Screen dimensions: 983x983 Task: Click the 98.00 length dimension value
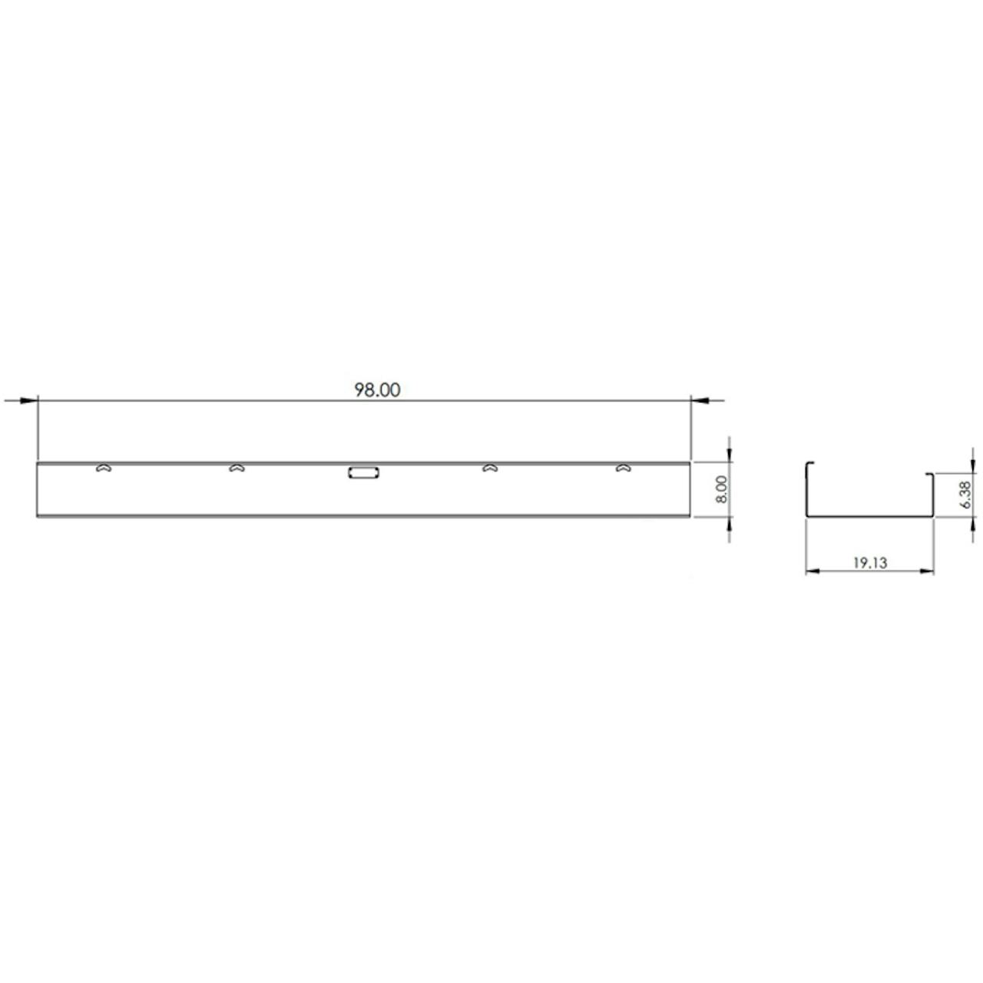point(377,389)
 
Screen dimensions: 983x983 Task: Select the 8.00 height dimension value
point(721,489)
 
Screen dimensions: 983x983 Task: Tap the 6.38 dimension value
point(965,495)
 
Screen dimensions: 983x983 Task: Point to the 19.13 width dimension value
point(870,563)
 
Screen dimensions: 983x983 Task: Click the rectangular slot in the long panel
point(363,472)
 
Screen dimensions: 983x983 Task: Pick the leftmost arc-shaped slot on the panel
point(104,467)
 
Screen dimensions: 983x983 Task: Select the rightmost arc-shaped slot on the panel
point(623,467)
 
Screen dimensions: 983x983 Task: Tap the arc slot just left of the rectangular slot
point(237,467)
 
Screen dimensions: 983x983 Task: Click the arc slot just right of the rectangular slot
point(490,467)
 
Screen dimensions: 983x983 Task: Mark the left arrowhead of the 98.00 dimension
point(29,400)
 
